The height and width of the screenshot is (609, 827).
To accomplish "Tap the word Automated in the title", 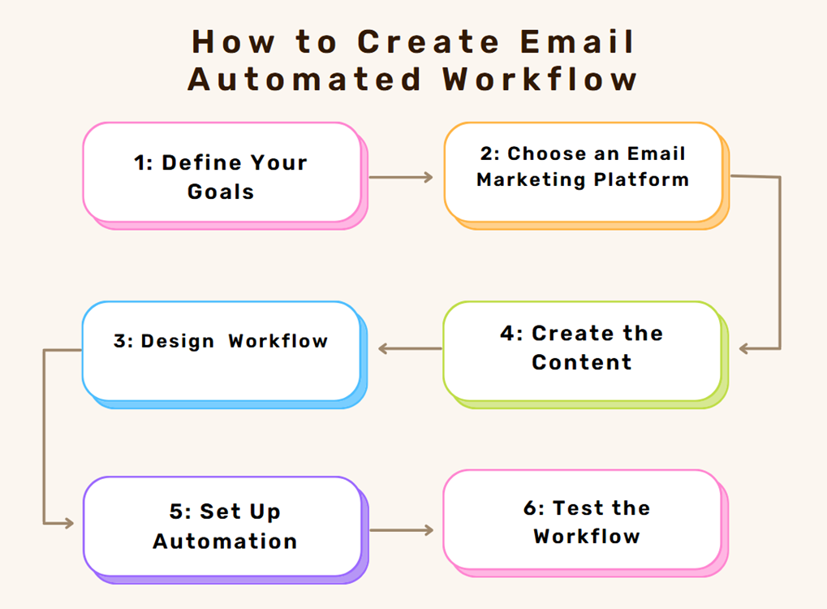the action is [x=304, y=79].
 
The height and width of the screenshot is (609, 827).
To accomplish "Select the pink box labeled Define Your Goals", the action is [x=225, y=175].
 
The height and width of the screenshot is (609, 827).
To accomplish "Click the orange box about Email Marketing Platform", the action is [x=587, y=175].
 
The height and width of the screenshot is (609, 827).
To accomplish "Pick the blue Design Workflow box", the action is [x=225, y=355].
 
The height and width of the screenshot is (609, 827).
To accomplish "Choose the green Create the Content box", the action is [x=586, y=355].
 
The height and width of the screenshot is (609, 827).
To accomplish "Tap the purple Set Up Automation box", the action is [x=226, y=530].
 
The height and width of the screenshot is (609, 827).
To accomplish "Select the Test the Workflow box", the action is [x=586, y=523].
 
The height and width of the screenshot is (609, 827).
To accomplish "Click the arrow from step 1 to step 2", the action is [x=401, y=177].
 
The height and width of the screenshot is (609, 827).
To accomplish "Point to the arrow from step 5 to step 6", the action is [x=402, y=530].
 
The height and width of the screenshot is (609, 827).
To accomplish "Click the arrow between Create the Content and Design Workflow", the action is [x=410, y=348].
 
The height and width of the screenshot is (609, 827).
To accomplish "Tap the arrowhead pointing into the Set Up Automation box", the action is [x=68, y=523].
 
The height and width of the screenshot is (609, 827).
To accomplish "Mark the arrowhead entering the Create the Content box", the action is [x=744, y=348].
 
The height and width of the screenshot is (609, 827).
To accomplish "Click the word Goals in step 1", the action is [x=221, y=192].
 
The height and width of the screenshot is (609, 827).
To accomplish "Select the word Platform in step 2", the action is [x=641, y=179].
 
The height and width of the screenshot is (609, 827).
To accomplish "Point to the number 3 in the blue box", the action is [x=120, y=341].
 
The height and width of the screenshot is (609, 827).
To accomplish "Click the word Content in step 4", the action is [x=581, y=362].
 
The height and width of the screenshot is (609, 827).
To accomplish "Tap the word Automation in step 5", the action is [x=225, y=541].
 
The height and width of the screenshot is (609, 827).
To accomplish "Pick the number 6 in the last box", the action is [x=529, y=508].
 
